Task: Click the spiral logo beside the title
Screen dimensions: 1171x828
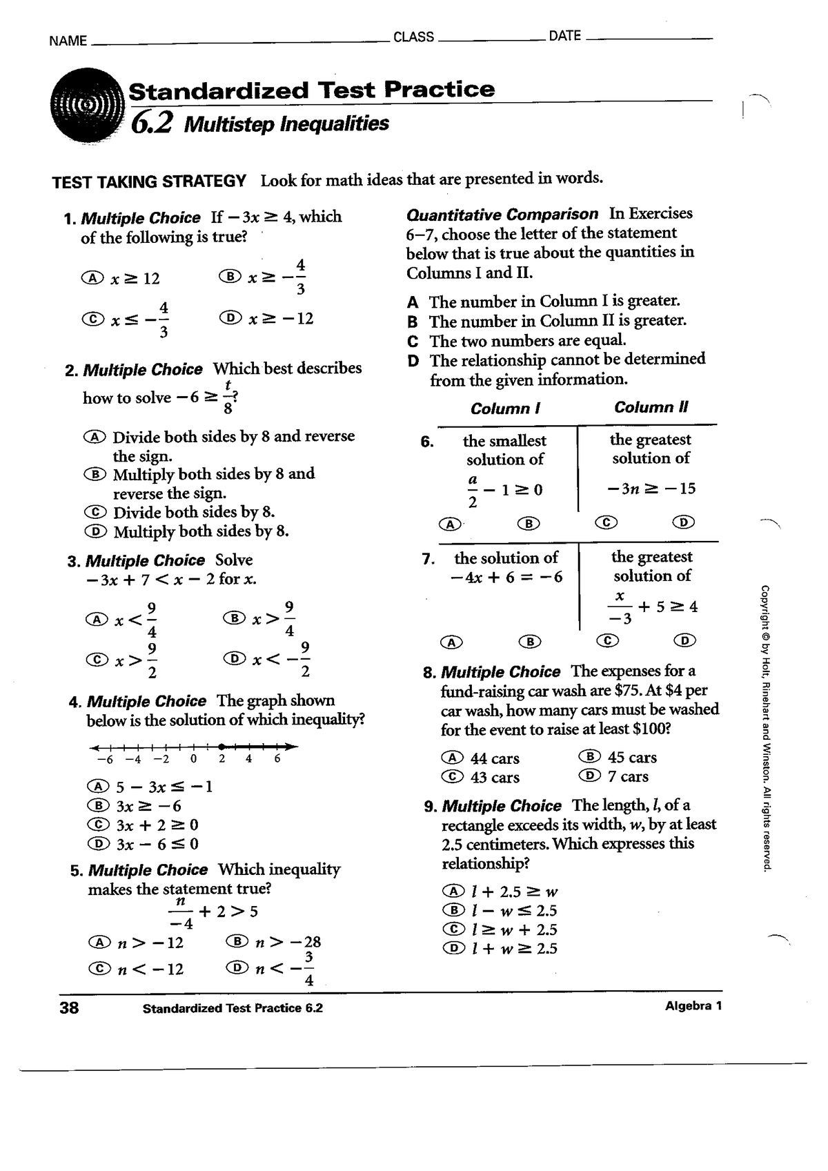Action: (86, 108)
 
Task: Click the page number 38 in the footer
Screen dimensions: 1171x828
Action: (69, 1007)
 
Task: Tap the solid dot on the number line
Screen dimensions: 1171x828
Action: (221, 746)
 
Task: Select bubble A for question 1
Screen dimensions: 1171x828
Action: (92, 278)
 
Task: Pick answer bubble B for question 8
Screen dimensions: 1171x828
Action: (593, 757)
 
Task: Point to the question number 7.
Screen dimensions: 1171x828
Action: (427, 558)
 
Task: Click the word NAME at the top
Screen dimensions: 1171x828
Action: (68, 41)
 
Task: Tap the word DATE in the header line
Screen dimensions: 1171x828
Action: (564, 36)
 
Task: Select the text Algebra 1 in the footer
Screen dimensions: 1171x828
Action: (693, 1005)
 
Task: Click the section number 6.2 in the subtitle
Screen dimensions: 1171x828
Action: (151, 124)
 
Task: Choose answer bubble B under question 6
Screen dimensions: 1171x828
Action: (528, 524)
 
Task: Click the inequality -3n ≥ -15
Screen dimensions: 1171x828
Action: (651, 489)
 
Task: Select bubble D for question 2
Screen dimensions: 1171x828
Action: (95, 531)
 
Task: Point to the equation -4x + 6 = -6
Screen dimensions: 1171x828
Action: (506, 577)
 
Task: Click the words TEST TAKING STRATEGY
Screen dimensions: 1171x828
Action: (149, 181)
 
